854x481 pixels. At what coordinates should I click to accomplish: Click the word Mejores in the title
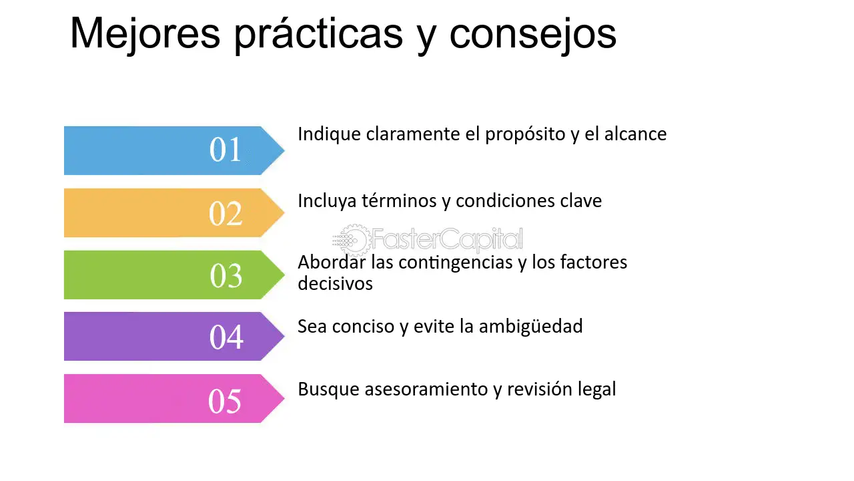pos(145,34)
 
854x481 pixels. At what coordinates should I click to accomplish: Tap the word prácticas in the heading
pos(319,34)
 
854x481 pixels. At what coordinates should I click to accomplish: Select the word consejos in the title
pos(533,34)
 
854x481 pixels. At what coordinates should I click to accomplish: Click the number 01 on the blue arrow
pos(226,149)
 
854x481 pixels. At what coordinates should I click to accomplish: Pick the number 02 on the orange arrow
pos(226,213)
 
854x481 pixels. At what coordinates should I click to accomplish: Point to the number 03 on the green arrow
pos(226,275)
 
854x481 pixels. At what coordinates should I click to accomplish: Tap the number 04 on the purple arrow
pos(226,337)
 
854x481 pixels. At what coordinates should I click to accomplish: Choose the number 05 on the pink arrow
pos(225,401)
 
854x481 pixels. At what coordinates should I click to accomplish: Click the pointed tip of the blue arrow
pos(284,150)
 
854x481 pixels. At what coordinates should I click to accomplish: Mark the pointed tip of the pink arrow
pos(284,398)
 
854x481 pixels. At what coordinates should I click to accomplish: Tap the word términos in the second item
pos(399,201)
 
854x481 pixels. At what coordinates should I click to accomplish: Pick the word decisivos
pos(335,284)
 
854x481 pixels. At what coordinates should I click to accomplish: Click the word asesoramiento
pos(426,389)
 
